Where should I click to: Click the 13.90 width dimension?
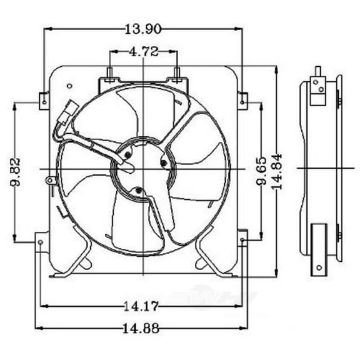(144, 27)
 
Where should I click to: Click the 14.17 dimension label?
(143, 306)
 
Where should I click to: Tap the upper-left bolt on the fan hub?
(128, 153)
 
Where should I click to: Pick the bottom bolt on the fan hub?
(137, 191)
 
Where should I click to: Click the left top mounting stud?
(111, 74)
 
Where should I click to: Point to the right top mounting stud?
(177, 74)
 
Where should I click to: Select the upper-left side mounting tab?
(44, 99)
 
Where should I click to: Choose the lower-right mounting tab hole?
(242, 237)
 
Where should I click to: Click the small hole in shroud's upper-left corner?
(69, 85)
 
